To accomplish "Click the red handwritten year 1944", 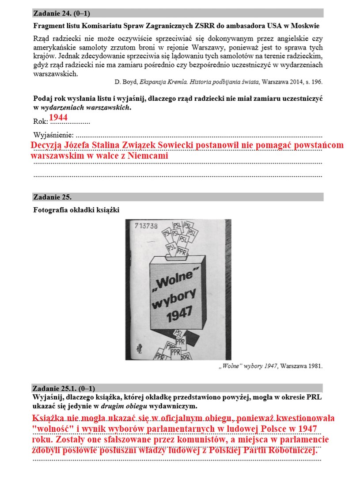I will (58, 117).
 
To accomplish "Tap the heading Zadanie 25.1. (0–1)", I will (64, 388).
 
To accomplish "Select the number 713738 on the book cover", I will (146, 226).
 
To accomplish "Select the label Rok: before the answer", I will (40, 121).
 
